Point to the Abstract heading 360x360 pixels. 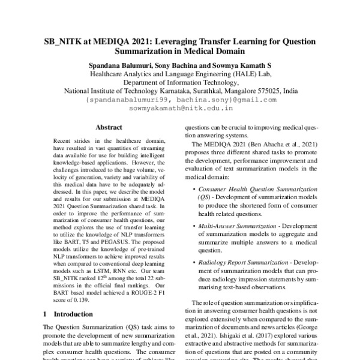coord(109,127)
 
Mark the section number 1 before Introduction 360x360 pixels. coord(47,313)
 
